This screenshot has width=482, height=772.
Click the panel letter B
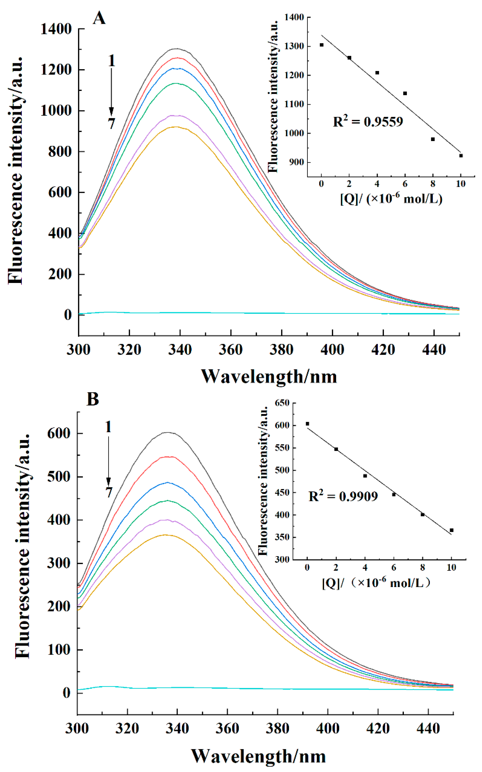(x=93, y=399)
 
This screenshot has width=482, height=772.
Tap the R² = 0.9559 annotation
(x=368, y=122)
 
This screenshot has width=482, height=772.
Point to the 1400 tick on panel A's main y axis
(x=56, y=29)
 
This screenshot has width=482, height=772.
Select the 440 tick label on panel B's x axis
(x=428, y=728)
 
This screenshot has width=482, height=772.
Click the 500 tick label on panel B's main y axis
(x=59, y=477)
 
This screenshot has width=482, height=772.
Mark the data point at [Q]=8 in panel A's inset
(x=433, y=139)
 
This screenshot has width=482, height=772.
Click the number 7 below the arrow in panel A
(x=111, y=124)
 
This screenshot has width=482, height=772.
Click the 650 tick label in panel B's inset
(x=282, y=403)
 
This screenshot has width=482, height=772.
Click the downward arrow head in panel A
(x=111, y=112)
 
